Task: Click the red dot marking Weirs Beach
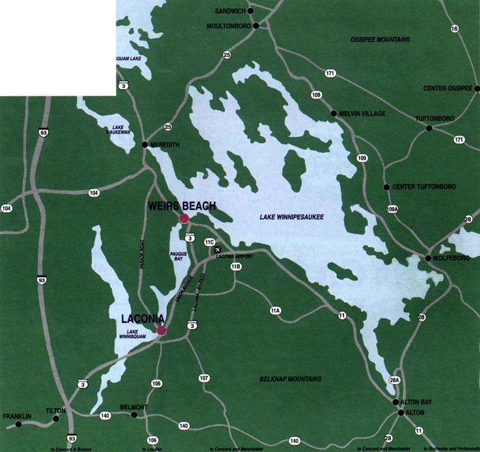coord(184,218)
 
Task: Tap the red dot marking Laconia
coord(161,330)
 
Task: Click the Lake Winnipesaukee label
coord(292,217)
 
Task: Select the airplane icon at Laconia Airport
coord(218,250)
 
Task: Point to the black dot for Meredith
coord(144,144)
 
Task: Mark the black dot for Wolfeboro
coord(428,258)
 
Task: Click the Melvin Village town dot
coord(333,114)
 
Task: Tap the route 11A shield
coord(275,311)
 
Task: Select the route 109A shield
coord(392,209)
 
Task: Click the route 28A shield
coord(394,379)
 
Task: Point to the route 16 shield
coord(455,29)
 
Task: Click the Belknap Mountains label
coord(290,379)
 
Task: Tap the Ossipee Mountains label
coord(380,40)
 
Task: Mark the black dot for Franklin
coord(18,424)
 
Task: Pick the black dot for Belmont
coord(134,415)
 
